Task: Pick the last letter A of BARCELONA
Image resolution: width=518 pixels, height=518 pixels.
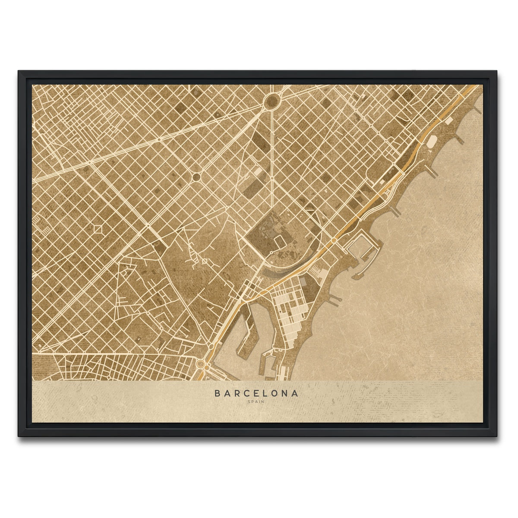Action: pos(295,393)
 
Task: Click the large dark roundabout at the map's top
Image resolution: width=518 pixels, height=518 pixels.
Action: pos(272,101)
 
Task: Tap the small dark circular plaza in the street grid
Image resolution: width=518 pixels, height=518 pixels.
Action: pos(196,177)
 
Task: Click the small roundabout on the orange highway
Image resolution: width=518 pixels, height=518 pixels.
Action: pos(334,240)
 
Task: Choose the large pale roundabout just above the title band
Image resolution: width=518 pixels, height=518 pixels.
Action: pos(201,364)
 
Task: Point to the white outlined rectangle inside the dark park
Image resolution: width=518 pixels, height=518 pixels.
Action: pos(257,171)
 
